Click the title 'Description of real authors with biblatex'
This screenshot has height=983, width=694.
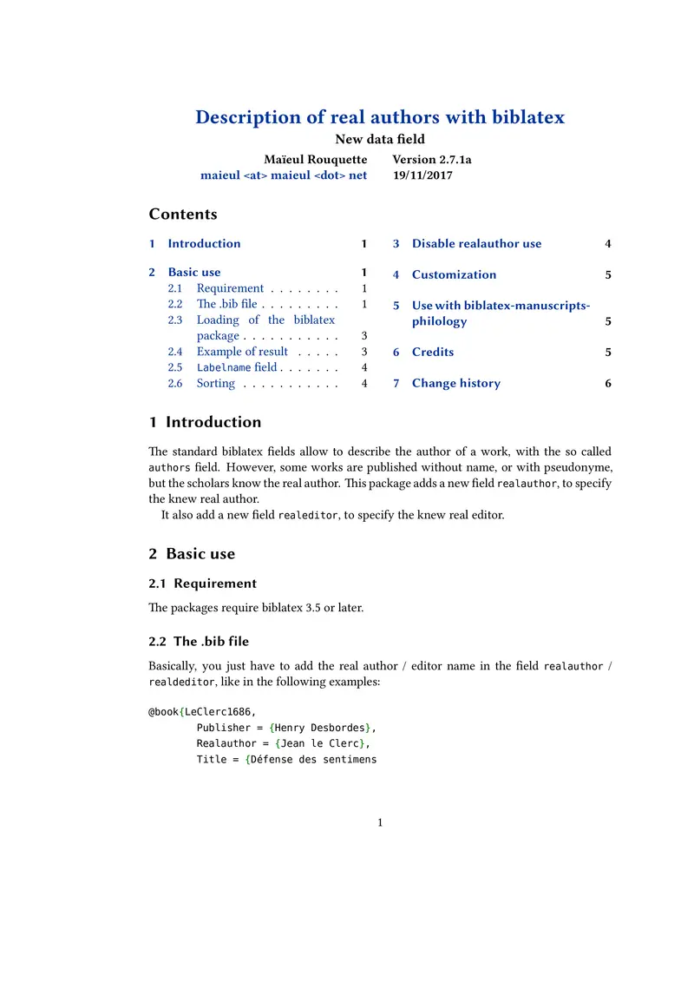(380, 117)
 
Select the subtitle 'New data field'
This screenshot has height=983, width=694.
(380, 139)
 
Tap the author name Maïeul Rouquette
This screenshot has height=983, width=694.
(315, 160)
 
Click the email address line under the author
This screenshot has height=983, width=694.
(284, 175)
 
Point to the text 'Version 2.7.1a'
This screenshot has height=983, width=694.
(432, 160)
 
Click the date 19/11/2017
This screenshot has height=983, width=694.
(422, 175)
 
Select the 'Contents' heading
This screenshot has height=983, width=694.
(183, 214)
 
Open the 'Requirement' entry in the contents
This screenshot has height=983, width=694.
(230, 288)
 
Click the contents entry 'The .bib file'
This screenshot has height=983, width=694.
(226, 304)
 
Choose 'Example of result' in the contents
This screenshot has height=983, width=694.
(242, 352)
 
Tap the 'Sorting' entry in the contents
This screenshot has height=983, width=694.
(215, 383)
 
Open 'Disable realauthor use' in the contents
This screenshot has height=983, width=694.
(476, 244)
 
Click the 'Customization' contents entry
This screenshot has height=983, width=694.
(454, 275)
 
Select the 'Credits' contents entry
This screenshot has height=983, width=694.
(432, 353)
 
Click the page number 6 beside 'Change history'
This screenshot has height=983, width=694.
(608, 384)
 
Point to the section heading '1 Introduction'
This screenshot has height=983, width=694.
(205, 423)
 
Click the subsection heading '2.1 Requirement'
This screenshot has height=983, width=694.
(202, 584)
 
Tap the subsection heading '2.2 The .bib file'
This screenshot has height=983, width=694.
(199, 642)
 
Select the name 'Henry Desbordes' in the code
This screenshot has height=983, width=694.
(320, 728)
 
